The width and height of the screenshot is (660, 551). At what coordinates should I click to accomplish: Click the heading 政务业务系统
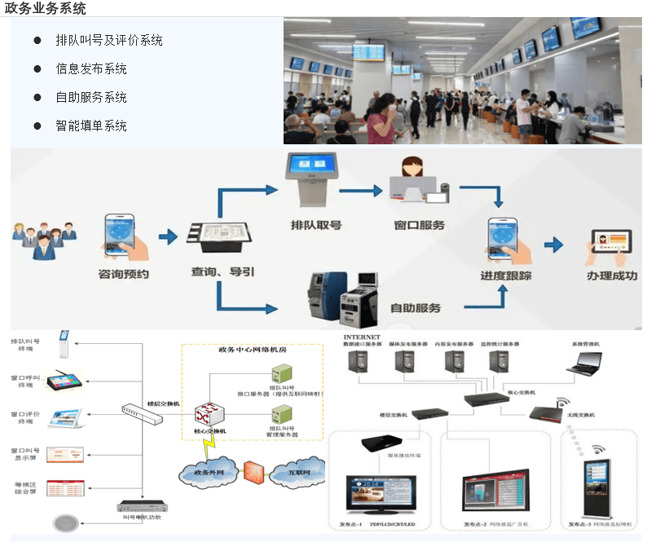click(x=46, y=8)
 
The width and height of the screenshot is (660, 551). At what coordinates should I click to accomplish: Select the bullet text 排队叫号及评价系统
click(x=108, y=40)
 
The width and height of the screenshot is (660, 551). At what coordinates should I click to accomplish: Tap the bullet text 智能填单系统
click(x=90, y=126)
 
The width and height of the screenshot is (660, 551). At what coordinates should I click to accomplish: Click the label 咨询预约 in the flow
click(x=123, y=275)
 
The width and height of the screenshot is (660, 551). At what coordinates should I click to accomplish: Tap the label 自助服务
click(x=416, y=308)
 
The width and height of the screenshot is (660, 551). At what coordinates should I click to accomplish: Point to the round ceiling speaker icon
click(x=66, y=523)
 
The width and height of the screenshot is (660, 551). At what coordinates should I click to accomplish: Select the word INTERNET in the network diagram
click(x=362, y=336)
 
